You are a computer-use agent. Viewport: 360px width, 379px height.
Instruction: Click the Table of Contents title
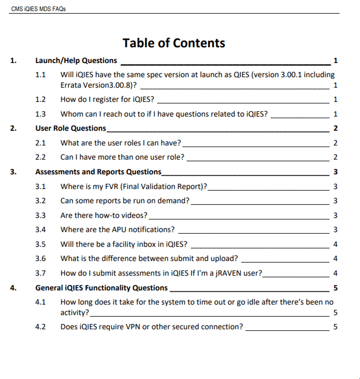pyautogui.click(x=174, y=43)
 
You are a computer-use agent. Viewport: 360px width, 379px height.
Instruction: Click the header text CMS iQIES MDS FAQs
pyautogui.click(x=38, y=9)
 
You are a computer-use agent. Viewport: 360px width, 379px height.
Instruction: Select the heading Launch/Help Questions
pyautogui.click(x=76, y=60)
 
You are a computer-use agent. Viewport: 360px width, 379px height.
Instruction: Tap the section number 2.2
pyautogui.click(x=40, y=157)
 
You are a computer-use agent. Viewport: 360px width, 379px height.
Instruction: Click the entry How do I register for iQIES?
pyautogui.click(x=107, y=100)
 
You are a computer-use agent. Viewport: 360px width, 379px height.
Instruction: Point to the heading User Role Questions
pyautogui.click(x=71, y=128)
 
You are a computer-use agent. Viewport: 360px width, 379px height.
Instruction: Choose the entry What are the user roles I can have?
pyautogui.click(x=120, y=143)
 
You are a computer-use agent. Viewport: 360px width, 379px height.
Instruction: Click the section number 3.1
pyautogui.click(x=40, y=186)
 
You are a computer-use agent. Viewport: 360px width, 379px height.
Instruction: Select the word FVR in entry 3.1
pyautogui.click(x=110, y=186)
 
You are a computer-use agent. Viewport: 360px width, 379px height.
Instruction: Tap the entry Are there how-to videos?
pyautogui.click(x=103, y=215)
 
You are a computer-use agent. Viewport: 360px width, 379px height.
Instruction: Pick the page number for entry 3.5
pyautogui.click(x=335, y=244)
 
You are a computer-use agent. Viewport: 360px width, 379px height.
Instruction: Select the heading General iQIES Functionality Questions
pyautogui.click(x=102, y=288)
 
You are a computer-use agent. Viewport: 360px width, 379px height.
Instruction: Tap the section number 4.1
pyautogui.click(x=40, y=302)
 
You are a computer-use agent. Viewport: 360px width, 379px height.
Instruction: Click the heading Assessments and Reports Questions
pyautogui.click(x=98, y=172)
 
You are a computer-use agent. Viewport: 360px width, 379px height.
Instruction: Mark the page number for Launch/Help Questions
pyautogui.click(x=335, y=61)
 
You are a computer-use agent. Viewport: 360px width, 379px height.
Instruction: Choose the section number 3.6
pyautogui.click(x=40, y=259)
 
